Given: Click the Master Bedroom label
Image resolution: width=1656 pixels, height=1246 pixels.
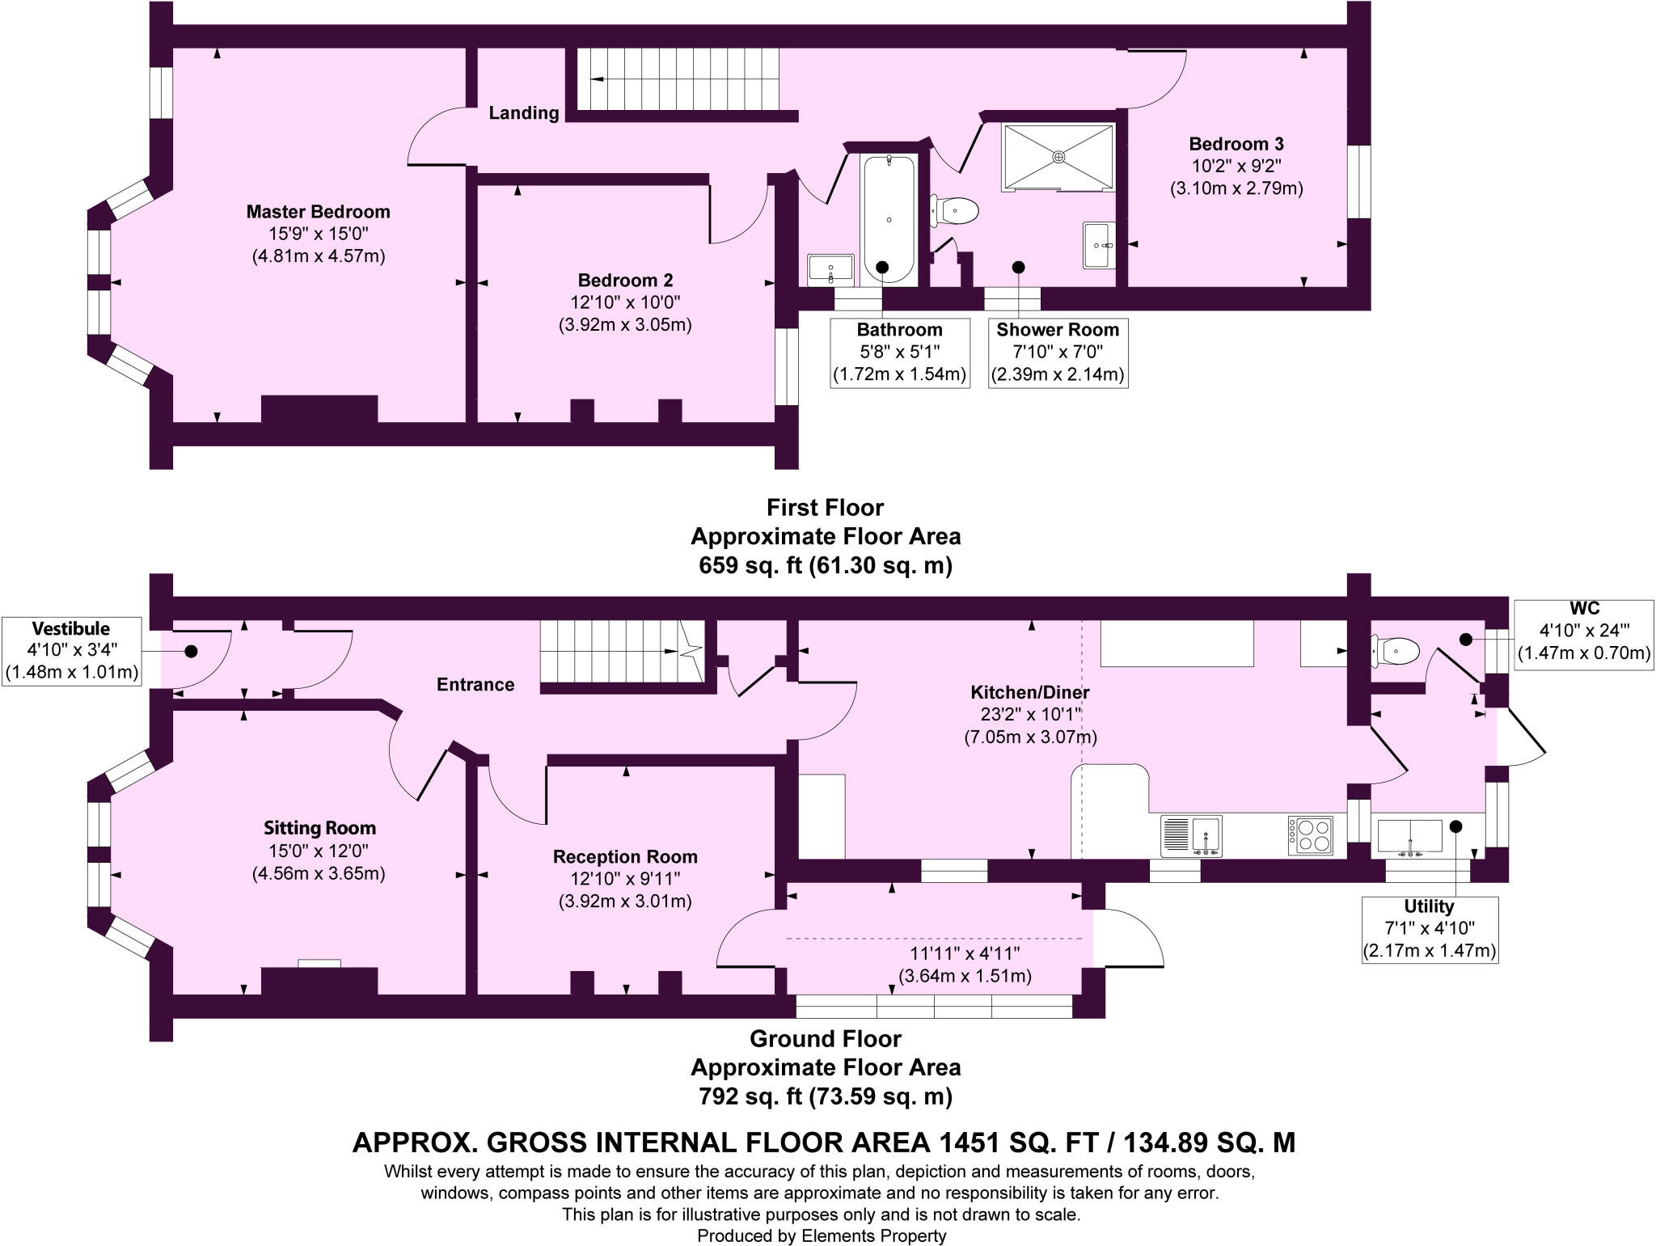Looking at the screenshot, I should (318, 212).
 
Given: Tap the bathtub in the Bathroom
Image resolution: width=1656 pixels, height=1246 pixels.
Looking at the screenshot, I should (889, 218).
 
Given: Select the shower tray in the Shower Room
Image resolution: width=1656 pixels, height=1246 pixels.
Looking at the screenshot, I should (1058, 157).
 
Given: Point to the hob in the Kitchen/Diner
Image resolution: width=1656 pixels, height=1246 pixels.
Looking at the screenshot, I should (1310, 835).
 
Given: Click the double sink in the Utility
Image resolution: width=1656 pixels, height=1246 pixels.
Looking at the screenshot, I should (1409, 836).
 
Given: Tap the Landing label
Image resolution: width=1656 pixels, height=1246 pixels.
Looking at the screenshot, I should (524, 113).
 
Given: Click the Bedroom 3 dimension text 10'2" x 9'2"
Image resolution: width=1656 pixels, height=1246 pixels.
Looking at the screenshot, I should (1236, 167).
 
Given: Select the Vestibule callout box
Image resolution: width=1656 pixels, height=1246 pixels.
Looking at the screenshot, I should (71, 651).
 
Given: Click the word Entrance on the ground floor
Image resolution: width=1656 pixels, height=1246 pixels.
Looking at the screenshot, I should (475, 685).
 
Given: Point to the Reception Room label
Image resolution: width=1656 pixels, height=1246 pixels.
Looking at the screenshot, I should (625, 856).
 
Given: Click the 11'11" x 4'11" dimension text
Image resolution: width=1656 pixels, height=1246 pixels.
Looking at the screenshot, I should (965, 953).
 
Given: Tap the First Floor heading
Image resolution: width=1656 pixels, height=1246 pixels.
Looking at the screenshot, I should (825, 508).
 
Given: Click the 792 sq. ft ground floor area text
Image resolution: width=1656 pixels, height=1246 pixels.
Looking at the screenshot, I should (825, 1096).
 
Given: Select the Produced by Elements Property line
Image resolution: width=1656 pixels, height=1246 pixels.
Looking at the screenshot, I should (822, 1235).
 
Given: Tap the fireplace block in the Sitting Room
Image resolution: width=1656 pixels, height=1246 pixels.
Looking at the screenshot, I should (319, 980).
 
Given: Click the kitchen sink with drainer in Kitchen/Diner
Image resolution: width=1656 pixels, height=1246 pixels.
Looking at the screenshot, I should (1191, 835).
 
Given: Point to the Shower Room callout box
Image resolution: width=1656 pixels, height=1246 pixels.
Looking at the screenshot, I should (1058, 353).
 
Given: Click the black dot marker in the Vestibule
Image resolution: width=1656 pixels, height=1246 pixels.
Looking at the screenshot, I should (192, 651).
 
